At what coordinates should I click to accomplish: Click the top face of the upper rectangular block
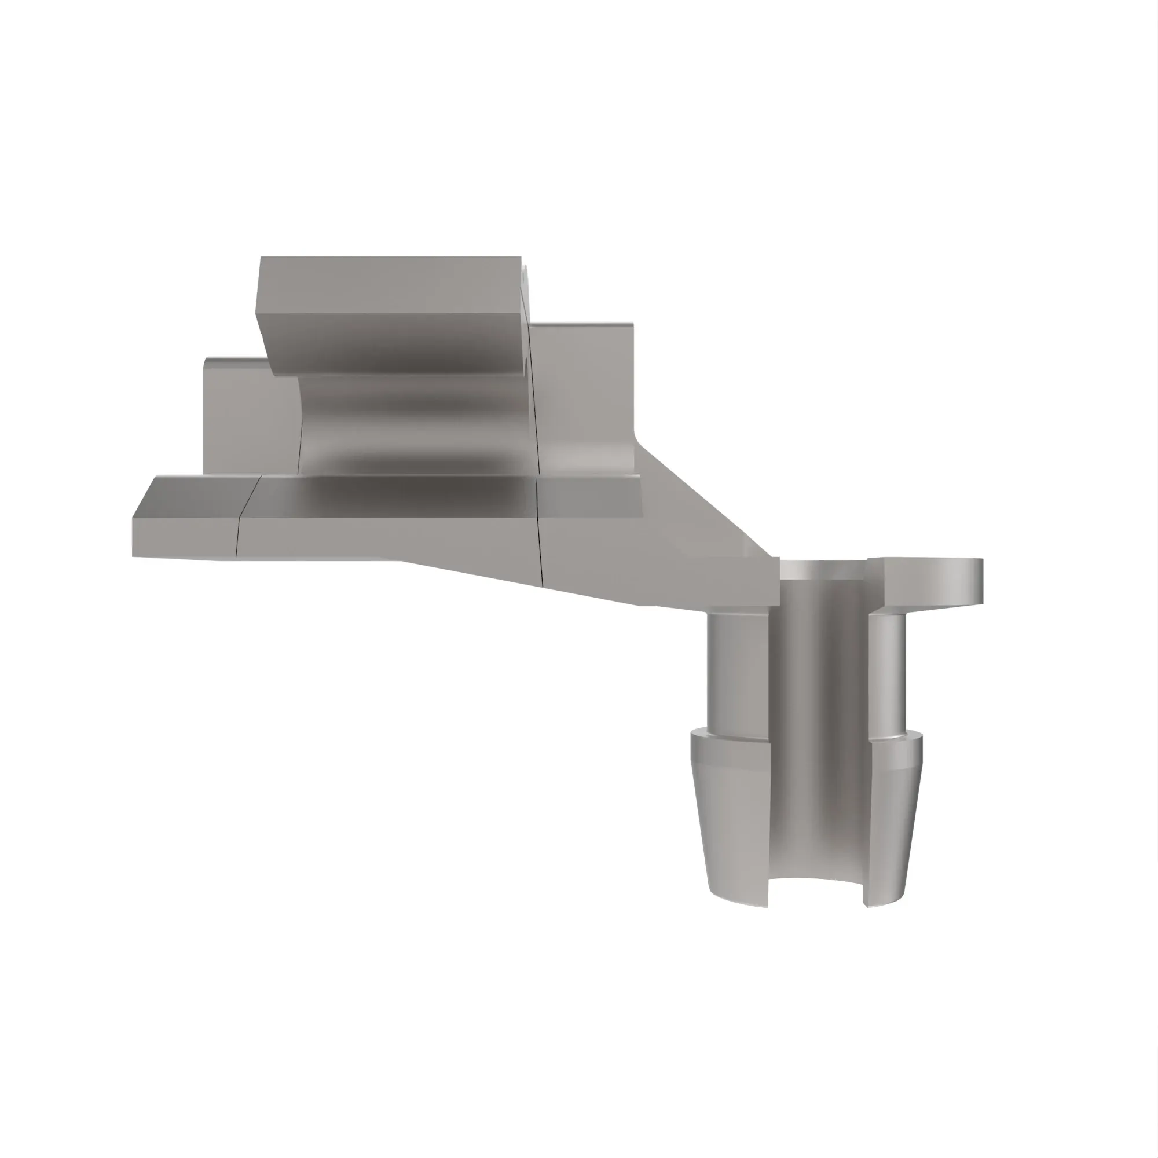pos(390,285)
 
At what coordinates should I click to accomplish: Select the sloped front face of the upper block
pos(395,345)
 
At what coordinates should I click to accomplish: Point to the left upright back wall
pos(249,420)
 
